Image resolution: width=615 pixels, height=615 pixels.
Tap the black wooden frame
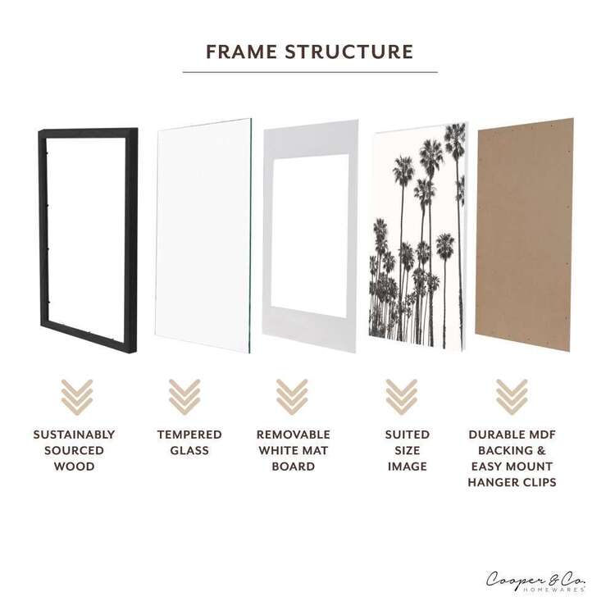coord(49,230)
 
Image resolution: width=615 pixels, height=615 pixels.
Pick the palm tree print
coord(418,238)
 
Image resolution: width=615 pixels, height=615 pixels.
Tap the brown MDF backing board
coord(524,234)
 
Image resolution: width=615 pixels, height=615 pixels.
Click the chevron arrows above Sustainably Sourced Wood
coord(77,396)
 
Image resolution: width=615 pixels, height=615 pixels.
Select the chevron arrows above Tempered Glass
coord(184,396)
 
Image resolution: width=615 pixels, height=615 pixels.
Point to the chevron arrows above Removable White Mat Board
coord(292,396)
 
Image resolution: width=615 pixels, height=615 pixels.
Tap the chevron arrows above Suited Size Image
coord(402,396)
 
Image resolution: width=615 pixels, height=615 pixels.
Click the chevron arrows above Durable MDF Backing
coord(512,396)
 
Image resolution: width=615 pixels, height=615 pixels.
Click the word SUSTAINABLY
coord(74,435)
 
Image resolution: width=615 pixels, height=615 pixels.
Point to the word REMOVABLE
coord(293,435)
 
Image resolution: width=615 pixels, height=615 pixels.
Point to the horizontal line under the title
coord(309,72)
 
